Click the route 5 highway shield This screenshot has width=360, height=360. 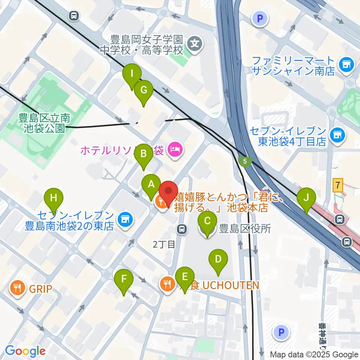coord(244,161)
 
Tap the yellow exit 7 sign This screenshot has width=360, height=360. coord(338,185)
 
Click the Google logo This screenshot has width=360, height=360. coord(25,351)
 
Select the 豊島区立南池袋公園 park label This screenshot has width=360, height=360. coord(44,123)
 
